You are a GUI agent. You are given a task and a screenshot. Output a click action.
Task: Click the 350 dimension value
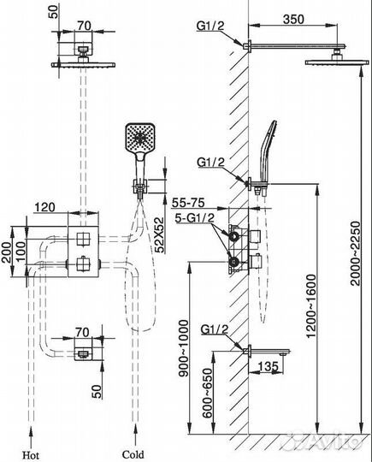(293, 20)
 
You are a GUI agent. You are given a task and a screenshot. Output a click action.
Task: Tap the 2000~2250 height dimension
(356, 253)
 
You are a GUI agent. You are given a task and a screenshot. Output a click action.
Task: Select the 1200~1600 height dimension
(312, 305)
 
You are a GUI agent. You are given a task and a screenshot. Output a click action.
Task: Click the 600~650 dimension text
(207, 393)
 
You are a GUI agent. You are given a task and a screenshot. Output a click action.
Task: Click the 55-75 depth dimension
(188, 203)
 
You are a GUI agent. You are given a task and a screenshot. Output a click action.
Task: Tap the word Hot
(30, 454)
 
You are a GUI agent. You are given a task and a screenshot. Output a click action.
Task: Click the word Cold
(133, 454)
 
